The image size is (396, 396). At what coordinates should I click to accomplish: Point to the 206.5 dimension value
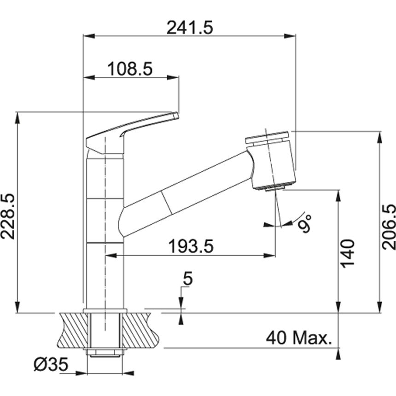[389, 227]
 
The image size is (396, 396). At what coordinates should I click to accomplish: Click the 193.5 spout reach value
[191, 246]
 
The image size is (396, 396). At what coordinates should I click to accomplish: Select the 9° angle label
[305, 222]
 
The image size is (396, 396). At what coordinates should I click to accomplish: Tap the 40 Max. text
[298, 338]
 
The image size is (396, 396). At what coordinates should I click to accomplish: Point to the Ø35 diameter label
[51, 364]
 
